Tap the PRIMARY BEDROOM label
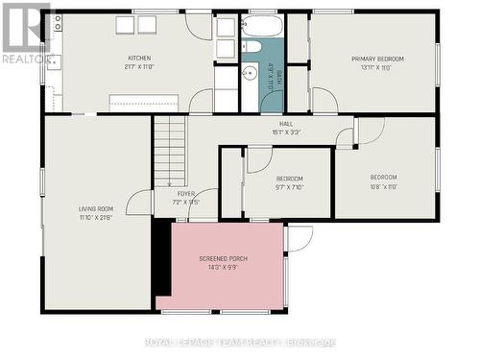tap(377, 59)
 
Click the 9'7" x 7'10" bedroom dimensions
tap(289, 188)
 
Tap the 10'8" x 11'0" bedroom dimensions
tap(384, 187)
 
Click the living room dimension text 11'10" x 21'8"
tap(96, 218)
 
